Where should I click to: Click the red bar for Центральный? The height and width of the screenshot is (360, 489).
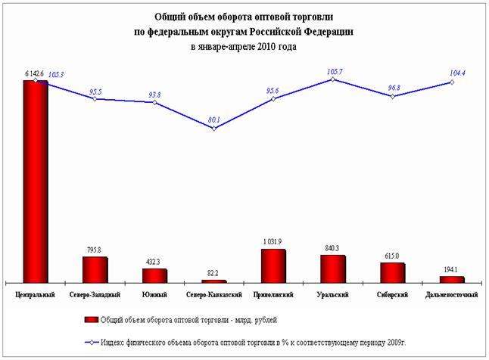tap(36, 182)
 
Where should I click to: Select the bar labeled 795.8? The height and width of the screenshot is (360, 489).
tap(95, 269)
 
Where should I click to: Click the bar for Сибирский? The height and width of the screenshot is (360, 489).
tap(392, 273)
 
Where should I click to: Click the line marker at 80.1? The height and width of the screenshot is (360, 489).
tap(214, 129)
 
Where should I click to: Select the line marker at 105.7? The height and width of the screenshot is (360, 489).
tap(333, 79)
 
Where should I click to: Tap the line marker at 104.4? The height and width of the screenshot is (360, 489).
tap(452, 82)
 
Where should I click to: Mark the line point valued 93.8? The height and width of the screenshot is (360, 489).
tap(154, 102)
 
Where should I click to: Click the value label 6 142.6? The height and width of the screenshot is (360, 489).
tap(35, 73)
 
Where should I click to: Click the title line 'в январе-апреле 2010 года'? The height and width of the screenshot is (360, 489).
tap(243, 47)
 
